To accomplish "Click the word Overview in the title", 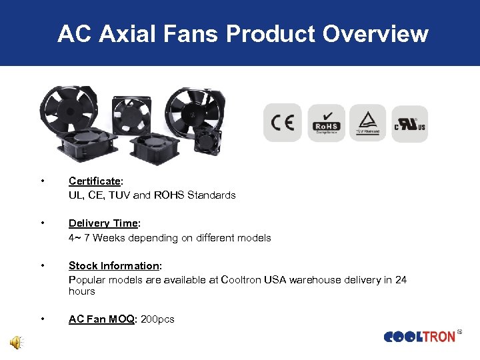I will [376, 33].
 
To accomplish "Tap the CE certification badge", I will [283, 123].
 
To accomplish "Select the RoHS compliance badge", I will [326, 123].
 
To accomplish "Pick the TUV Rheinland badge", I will [367, 123].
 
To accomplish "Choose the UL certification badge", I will [409, 123].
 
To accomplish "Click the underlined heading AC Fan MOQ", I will [102, 319].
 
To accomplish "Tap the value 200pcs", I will [158, 319].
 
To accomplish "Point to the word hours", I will [82, 291].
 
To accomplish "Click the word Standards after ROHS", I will [211, 195].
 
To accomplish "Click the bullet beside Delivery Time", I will [43, 223].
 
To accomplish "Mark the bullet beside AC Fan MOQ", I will [43, 319].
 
